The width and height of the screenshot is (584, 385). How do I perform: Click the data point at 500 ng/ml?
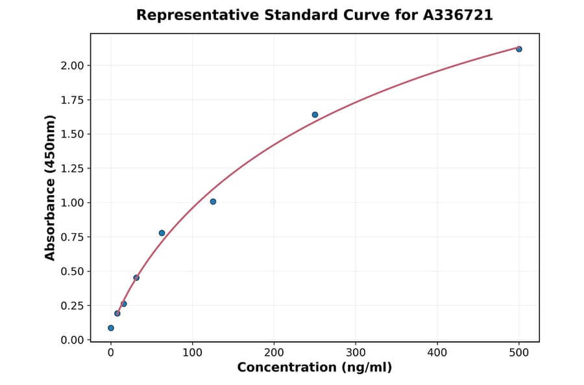519,49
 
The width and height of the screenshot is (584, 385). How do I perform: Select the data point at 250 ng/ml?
315,115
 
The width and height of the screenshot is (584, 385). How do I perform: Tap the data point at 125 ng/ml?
213,202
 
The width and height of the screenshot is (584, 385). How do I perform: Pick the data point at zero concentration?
111,328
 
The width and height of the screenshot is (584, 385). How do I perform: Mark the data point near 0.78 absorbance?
162,233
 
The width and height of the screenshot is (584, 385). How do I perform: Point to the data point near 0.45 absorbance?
136,277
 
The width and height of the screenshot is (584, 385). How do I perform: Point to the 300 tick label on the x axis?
356,353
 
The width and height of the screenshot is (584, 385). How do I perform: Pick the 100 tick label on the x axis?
192,353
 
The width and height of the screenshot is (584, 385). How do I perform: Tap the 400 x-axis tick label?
437,353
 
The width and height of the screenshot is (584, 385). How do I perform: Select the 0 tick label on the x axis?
111,353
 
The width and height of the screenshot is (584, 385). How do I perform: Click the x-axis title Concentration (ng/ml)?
315,368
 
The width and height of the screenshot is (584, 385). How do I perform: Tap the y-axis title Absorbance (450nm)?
51,187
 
